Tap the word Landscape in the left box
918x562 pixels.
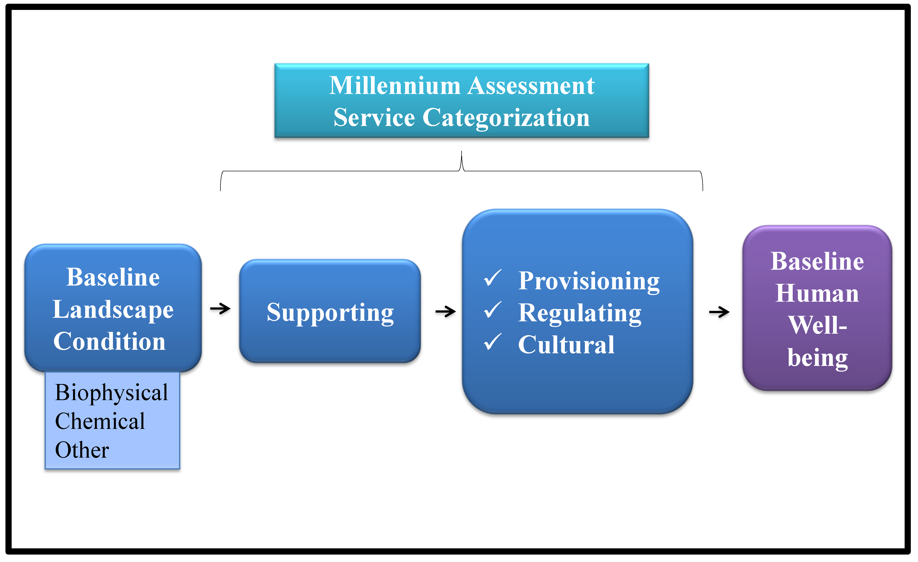click(113, 310)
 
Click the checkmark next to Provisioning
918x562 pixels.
click(493, 278)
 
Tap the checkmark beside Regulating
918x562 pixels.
click(493, 310)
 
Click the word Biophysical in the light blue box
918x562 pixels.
click(111, 392)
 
